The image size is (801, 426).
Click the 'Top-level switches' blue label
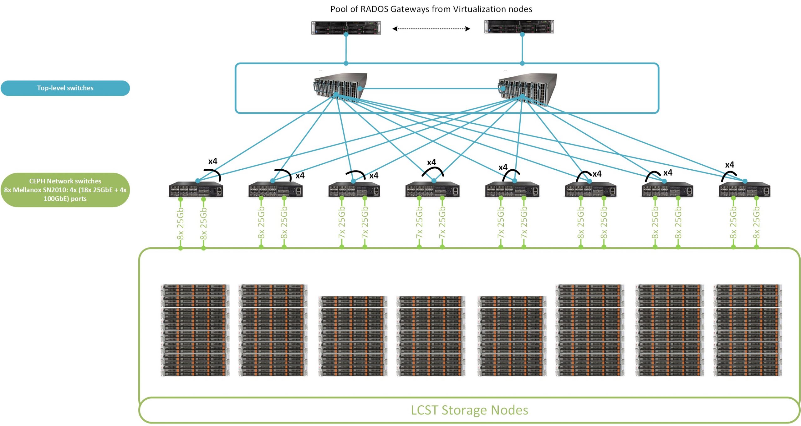point(65,88)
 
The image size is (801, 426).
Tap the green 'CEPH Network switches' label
point(65,190)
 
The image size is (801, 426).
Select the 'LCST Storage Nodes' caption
point(469,410)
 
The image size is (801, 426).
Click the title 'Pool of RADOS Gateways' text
point(431,9)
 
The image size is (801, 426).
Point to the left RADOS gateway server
point(346,28)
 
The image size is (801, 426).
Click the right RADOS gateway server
point(519,27)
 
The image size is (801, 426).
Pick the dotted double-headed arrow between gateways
point(431,29)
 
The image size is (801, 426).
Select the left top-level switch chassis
point(340,87)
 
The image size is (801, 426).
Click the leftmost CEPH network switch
point(196,190)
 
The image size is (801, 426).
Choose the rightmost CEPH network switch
point(744,190)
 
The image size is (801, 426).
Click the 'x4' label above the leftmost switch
point(212,161)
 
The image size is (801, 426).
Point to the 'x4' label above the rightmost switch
point(729,165)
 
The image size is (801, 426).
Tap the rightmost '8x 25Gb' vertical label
point(756,223)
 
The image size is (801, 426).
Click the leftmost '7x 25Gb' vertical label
point(341,223)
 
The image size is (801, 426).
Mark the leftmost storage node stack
point(195,330)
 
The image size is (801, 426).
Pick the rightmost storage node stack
point(747,330)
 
